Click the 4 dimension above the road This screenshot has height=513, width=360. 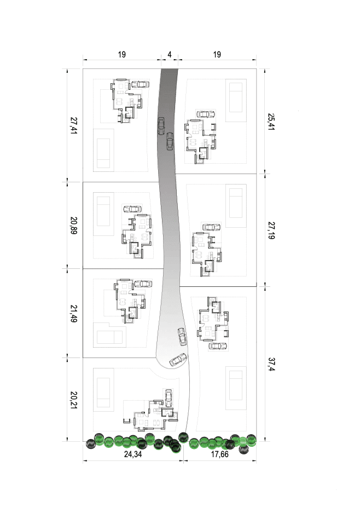pos(170,54)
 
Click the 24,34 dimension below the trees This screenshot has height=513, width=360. pos(133,454)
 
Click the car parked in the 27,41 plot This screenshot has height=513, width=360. pos(140,84)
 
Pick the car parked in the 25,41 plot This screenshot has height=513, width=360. pos(206,114)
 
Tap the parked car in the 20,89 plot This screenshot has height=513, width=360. pos(132,209)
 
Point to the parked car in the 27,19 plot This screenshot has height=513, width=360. pos(211,227)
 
